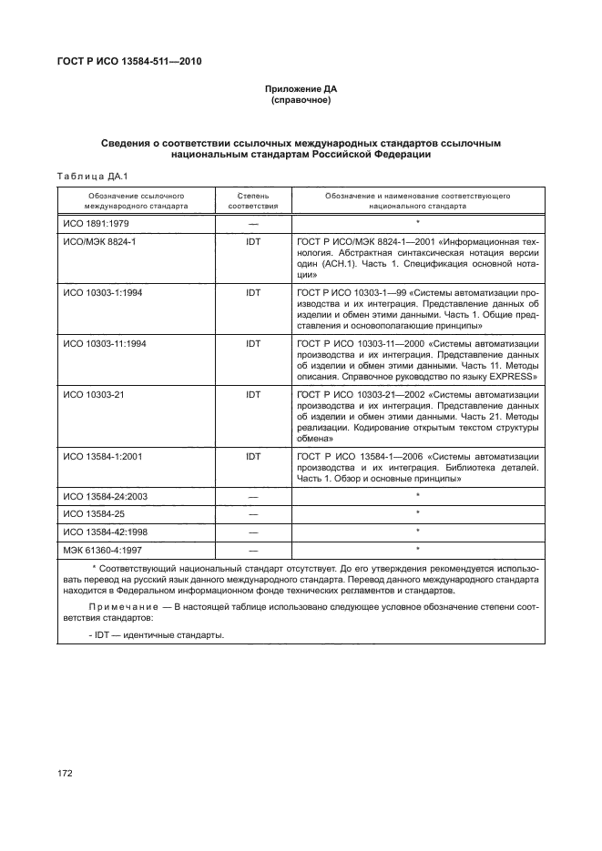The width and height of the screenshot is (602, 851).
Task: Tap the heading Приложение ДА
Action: pyautogui.click(x=301, y=89)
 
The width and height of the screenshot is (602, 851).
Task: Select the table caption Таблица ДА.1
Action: pyautogui.click(x=91, y=176)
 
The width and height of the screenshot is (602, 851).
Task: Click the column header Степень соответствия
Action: pyautogui.click(x=252, y=201)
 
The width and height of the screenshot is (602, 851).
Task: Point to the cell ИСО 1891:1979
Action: pyautogui.click(x=96, y=223)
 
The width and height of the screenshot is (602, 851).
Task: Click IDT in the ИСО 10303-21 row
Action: pyautogui.click(x=252, y=394)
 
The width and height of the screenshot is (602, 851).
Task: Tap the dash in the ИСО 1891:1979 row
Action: pyautogui.click(x=252, y=223)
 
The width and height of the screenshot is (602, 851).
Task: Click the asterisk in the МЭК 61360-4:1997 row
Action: pyautogui.click(x=417, y=549)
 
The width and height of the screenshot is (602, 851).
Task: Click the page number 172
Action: pyautogui.click(x=66, y=773)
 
